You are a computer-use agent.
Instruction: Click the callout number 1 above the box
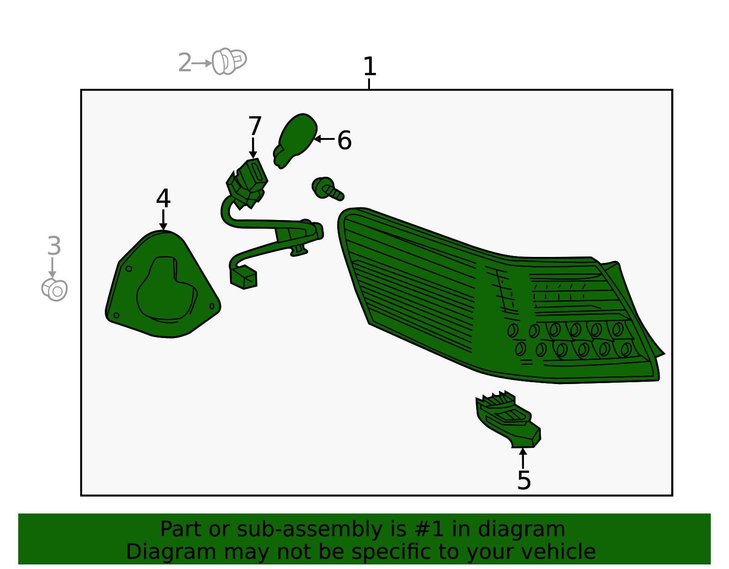370,67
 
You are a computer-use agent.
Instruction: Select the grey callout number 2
185,62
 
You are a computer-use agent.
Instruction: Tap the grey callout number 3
54,246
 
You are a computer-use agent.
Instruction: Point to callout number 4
164,198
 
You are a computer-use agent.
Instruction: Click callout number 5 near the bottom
524,481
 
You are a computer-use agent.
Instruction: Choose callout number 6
344,140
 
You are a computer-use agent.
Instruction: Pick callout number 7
255,126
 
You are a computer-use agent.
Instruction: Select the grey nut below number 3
55,290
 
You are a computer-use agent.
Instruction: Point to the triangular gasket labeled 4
163,284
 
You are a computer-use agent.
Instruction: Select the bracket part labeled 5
508,420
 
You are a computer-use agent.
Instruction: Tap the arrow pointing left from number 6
324,139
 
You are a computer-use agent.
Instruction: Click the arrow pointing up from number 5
523,458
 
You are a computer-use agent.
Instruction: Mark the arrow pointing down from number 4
163,220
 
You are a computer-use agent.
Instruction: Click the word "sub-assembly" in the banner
310,530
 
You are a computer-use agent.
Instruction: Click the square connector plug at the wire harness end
244,277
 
